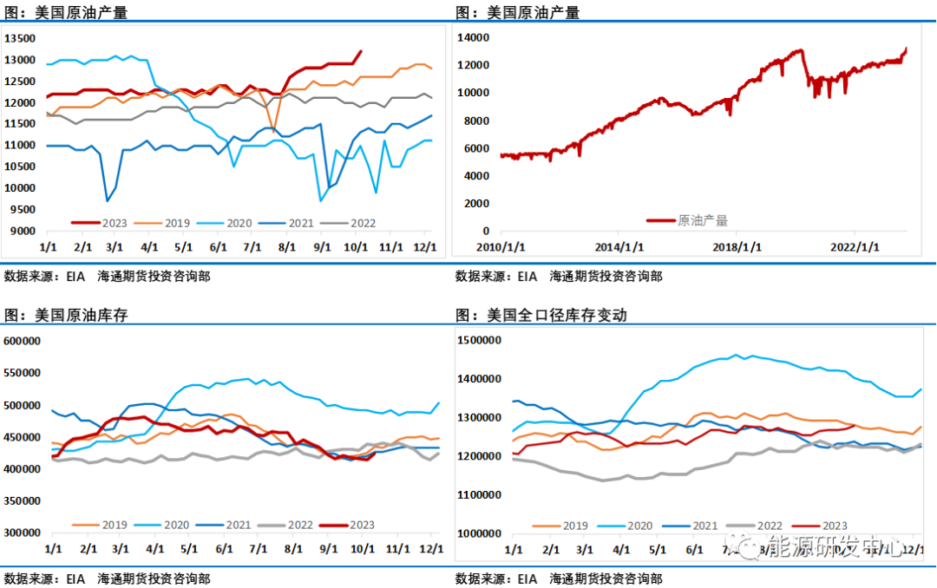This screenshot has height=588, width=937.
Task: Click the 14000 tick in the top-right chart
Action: point(475,38)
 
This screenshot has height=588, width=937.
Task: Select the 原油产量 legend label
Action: point(703,220)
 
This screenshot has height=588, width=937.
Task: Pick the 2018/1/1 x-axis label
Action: point(737,246)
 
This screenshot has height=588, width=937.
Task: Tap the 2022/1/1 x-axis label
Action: point(855,246)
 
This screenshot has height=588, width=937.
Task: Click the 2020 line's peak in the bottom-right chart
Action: point(737,355)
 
